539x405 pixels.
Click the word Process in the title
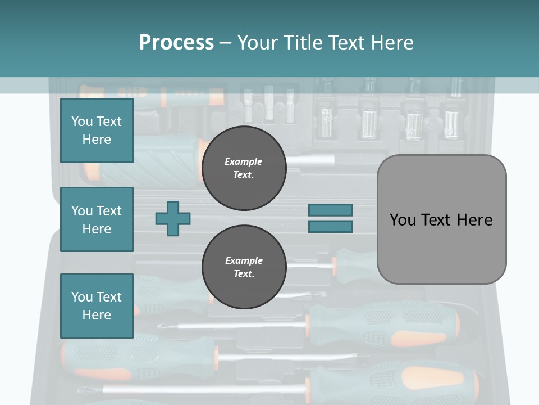click(x=176, y=42)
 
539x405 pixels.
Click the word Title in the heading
click(x=303, y=42)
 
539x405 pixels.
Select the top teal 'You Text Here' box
click(x=97, y=130)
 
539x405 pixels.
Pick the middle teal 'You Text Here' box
click(x=97, y=219)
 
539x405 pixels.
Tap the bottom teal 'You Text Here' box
click(x=97, y=305)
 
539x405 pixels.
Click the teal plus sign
click(x=173, y=218)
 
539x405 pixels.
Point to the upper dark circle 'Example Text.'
click(x=244, y=168)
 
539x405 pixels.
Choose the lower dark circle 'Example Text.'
click(x=244, y=267)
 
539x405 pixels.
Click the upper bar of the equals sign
click(x=330, y=210)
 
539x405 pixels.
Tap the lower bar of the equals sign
click(x=330, y=227)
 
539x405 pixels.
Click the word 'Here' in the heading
click(x=392, y=42)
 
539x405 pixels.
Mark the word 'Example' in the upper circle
click(x=244, y=161)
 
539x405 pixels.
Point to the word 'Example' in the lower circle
click(x=244, y=260)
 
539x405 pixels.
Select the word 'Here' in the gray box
click(x=474, y=219)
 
